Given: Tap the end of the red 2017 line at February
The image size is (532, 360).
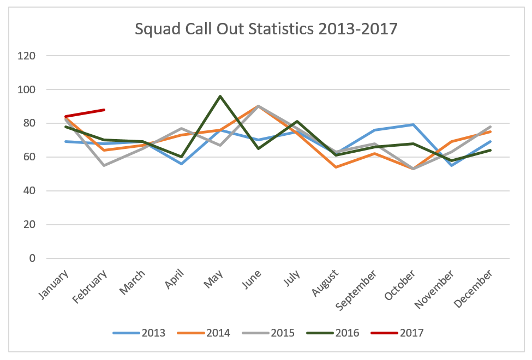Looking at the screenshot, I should [x=104, y=110].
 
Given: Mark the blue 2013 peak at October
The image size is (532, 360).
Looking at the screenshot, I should [x=413, y=125].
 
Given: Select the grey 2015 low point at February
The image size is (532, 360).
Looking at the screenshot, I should [x=104, y=165].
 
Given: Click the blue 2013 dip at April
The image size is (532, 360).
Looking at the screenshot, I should [x=181, y=164].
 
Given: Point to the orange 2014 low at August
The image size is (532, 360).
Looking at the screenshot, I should [x=336, y=167].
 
